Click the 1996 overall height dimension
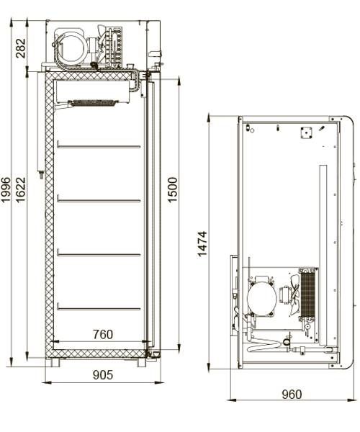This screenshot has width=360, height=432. coord(6,190)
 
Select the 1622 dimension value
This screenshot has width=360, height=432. coord(21,190)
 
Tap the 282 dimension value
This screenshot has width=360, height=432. coord(21,48)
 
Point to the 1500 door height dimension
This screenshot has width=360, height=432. coord(173,190)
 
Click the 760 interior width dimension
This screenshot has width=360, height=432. coord(103,335)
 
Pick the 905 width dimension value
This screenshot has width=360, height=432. coord(103,375)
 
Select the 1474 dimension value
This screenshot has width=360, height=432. coord(202,244)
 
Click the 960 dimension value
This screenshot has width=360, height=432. coord(292,395)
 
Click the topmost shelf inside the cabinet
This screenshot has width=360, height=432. coord(99,145)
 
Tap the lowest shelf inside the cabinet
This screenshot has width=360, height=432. coord(99,308)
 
